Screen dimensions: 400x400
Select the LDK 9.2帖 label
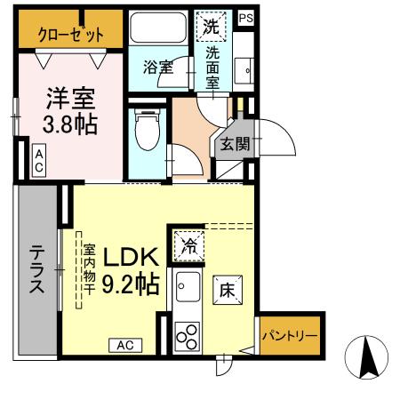coord(132,270)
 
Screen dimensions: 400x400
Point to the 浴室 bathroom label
coord(158,67)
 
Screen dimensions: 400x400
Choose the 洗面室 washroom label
coord(213,67)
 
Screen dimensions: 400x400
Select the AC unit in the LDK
coord(125,344)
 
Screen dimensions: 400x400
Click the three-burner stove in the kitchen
coord(188,335)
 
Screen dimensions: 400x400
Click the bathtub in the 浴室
coord(158,30)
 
